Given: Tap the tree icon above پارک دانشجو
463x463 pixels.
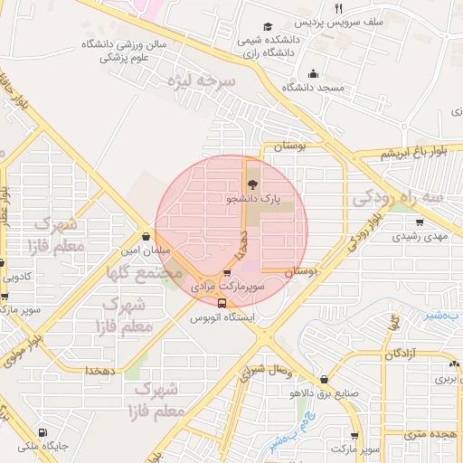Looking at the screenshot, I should [x=250, y=184].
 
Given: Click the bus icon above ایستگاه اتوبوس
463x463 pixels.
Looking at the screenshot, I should [x=222, y=303].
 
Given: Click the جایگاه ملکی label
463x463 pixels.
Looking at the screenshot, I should [x=42, y=446].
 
